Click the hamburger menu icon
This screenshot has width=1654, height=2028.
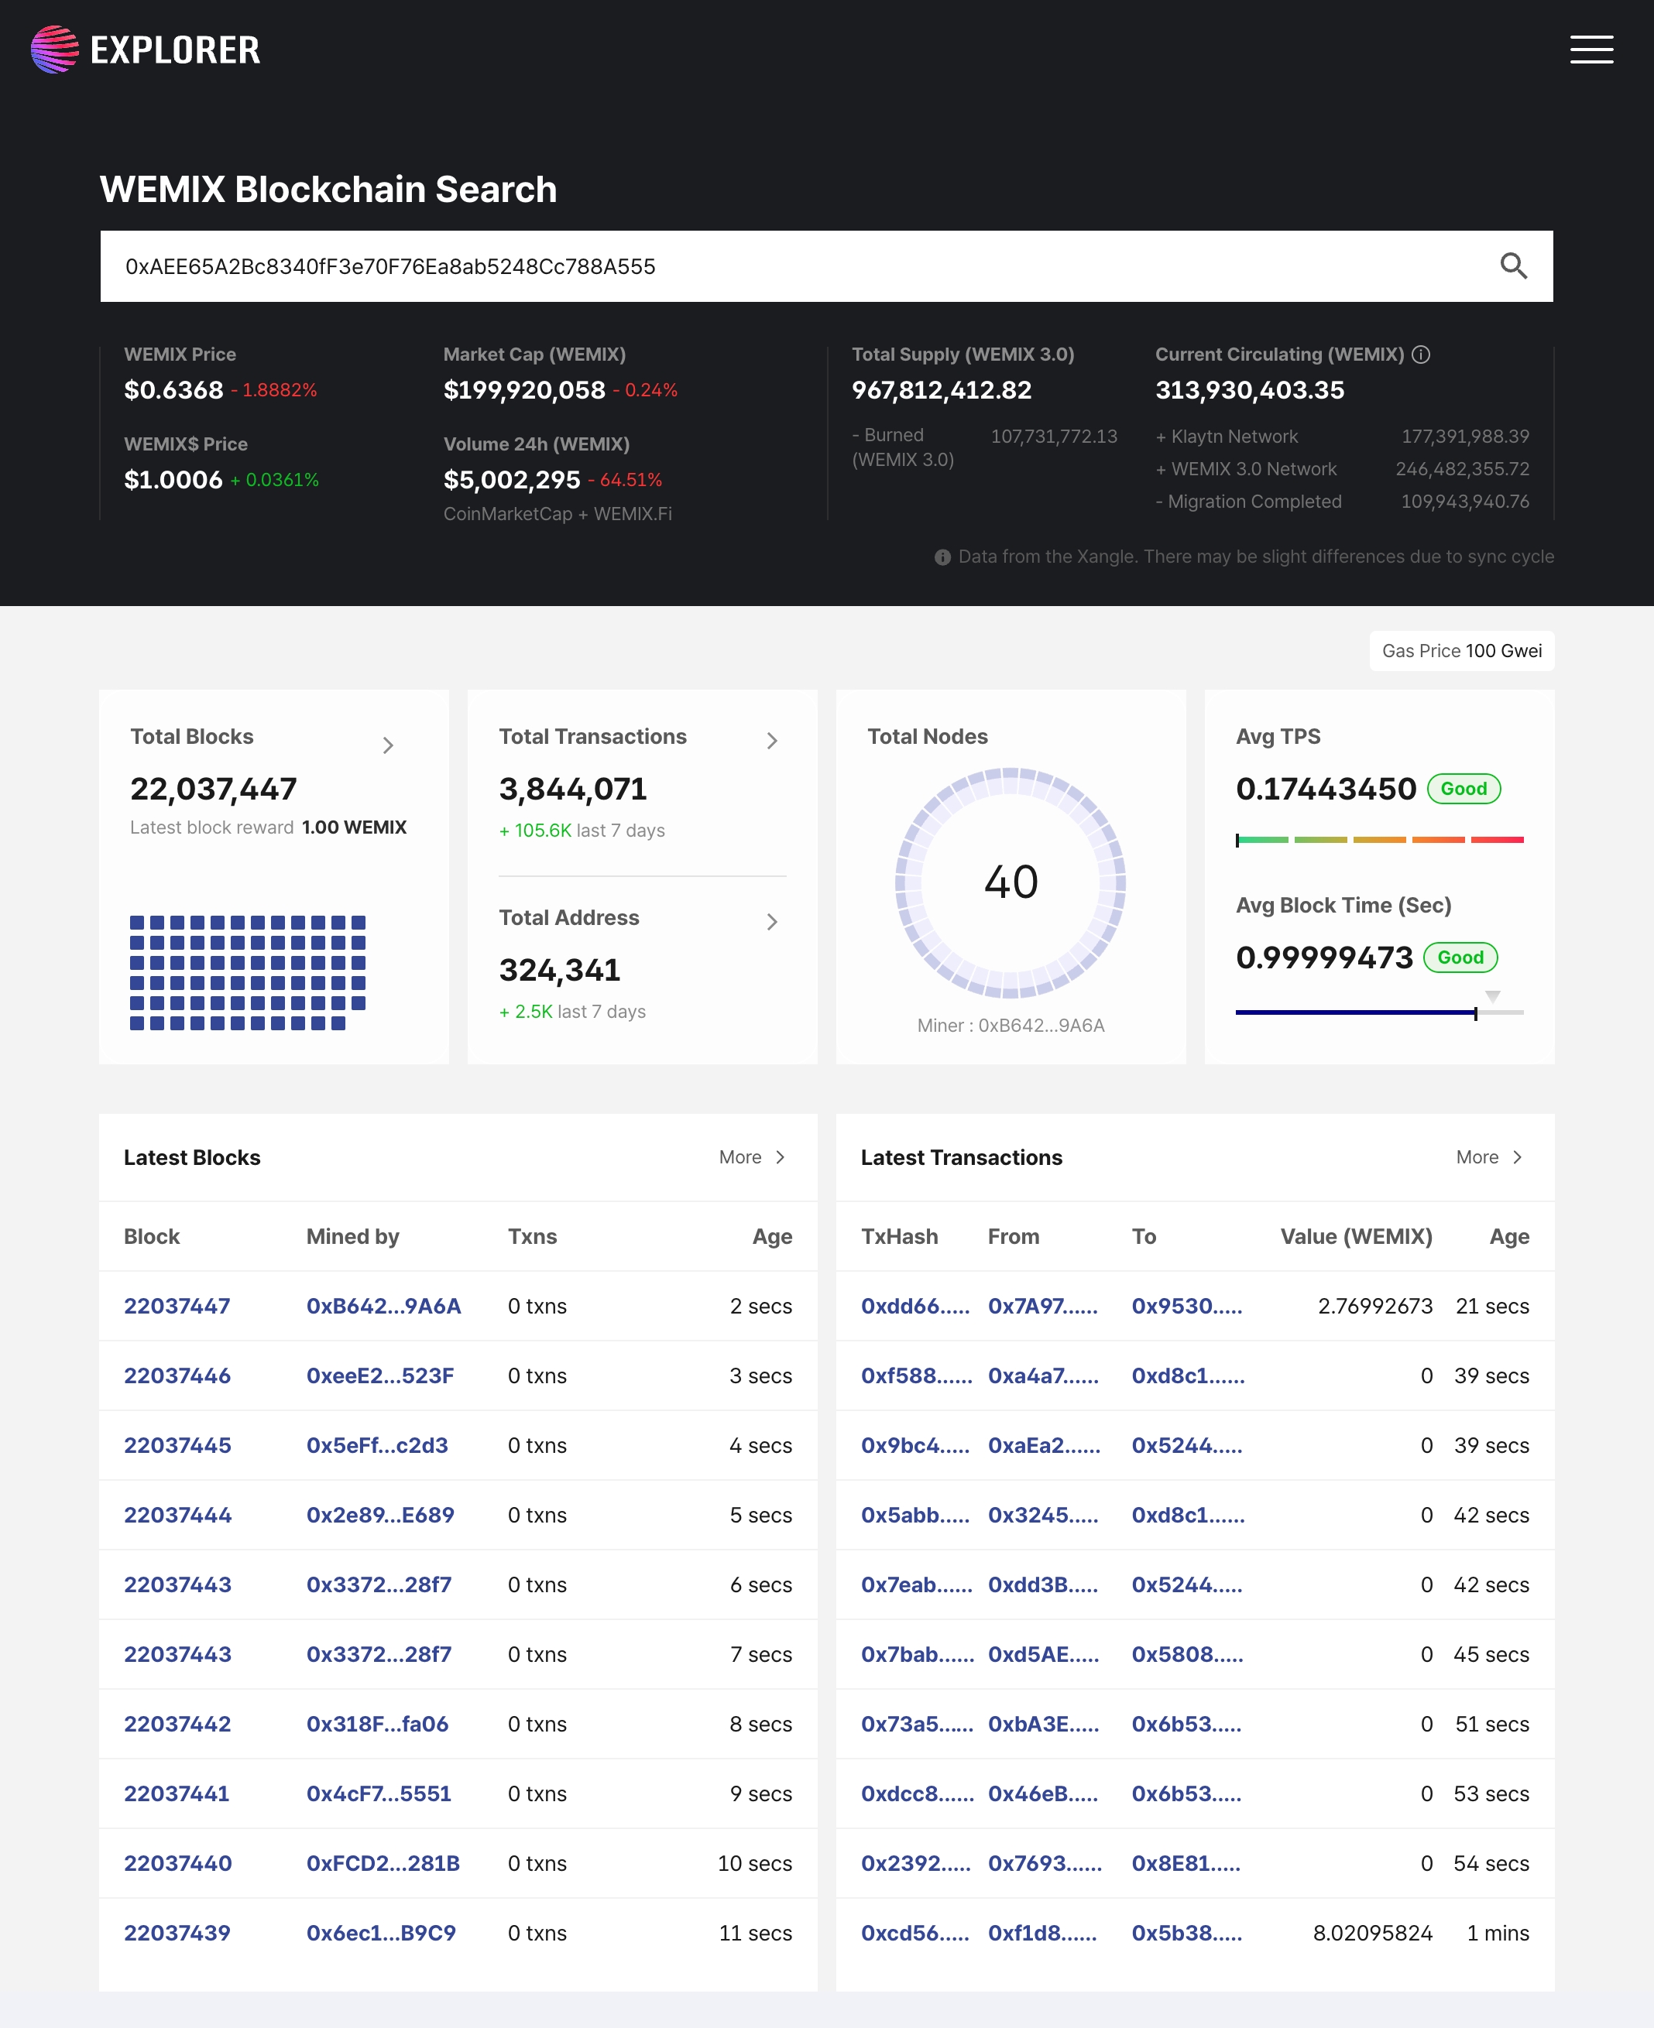[1591, 50]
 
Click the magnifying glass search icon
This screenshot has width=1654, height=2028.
[1513, 265]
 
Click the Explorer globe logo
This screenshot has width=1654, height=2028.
[54, 50]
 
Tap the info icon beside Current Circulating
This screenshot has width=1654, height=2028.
[1421, 355]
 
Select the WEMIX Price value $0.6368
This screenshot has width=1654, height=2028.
[173, 389]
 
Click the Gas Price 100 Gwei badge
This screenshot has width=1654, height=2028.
[1461, 651]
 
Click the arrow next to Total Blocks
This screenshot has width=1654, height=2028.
[388, 745]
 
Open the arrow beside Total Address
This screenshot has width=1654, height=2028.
[772, 921]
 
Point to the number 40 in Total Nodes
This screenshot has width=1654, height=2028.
[1011, 882]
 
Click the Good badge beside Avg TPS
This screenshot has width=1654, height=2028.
[1464, 789]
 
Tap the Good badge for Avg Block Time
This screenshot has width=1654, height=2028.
[1460, 957]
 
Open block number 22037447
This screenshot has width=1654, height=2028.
[177, 1306]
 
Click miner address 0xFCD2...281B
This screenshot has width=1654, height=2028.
[383, 1863]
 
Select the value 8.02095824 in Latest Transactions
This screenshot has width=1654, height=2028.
[1372, 1933]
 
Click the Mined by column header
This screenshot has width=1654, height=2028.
[352, 1236]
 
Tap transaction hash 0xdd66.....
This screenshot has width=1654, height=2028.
[915, 1306]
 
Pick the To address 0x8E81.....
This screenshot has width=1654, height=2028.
[1186, 1863]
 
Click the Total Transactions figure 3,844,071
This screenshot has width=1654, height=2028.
[572, 789]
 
